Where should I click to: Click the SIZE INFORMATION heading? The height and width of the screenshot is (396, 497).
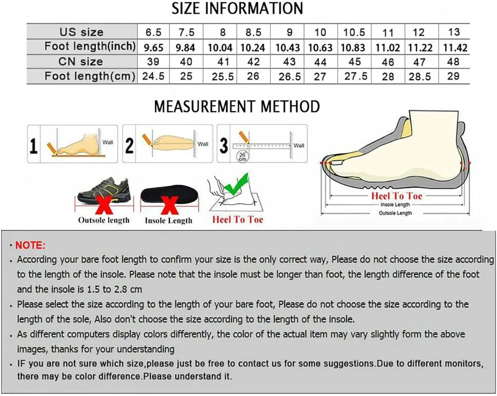click(238, 8)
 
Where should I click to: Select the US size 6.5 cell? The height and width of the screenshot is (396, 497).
click(154, 32)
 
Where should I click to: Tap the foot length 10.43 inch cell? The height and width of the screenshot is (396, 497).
click(287, 47)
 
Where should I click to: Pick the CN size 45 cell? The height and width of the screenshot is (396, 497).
click(355, 62)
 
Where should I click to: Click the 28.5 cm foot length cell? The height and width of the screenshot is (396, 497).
click(420, 77)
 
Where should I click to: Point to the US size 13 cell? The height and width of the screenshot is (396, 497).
click(454, 32)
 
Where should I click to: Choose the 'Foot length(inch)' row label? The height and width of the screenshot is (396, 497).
click(90, 46)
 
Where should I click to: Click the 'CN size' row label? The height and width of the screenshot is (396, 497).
click(80, 62)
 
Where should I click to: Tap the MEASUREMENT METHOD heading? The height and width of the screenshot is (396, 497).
click(237, 106)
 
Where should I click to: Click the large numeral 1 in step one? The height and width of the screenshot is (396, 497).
click(34, 146)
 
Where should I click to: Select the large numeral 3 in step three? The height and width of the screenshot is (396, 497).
click(224, 145)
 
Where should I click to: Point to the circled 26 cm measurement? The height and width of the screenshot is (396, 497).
click(243, 156)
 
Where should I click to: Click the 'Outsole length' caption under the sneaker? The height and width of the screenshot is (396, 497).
click(104, 220)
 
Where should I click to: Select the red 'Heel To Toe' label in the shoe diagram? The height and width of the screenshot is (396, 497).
click(396, 196)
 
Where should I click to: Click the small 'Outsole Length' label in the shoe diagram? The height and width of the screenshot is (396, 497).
click(395, 213)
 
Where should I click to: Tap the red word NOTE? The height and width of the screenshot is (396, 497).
click(31, 245)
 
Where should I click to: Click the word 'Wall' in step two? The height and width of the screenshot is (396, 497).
click(203, 144)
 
